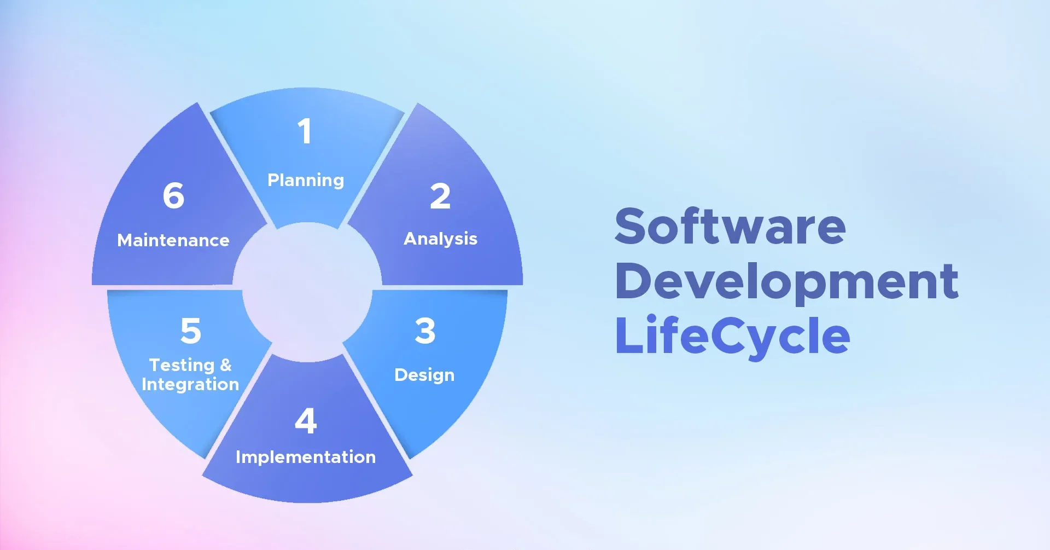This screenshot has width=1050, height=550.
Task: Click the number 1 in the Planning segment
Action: (305, 131)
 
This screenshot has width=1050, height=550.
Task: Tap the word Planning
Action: (306, 181)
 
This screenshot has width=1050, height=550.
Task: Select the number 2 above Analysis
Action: (440, 196)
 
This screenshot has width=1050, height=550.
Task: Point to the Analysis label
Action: (440, 239)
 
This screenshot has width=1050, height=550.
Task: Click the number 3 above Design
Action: (425, 331)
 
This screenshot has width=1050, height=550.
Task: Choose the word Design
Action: (424, 375)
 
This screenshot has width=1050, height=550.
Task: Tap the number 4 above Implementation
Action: (306, 421)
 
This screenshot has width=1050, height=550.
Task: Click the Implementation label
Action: (306, 457)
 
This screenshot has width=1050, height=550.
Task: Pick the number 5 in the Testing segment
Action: (191, 331)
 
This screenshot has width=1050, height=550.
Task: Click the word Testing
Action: (182, 366)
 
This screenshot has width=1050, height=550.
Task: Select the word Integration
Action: (190, 385)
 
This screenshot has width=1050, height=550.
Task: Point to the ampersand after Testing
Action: (226, 364)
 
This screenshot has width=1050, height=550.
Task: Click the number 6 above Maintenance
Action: (174, 195)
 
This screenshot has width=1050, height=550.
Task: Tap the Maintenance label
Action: (173, 240)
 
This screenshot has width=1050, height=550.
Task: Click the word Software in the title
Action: (730, 226)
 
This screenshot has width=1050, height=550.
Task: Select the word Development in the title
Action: (786, 282)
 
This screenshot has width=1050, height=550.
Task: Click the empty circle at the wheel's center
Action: (307, 292)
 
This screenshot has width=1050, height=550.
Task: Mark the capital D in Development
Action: (635, 281)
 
